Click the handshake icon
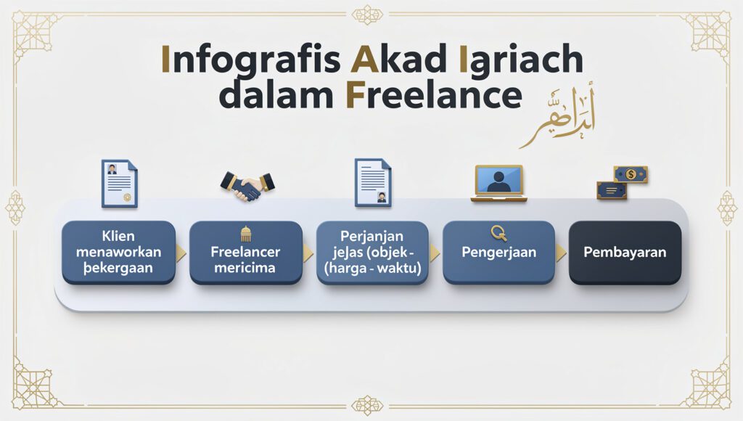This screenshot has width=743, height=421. pyautogui.click(x=246, y=187)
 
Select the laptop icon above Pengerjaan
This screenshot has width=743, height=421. pyautogui.click(x=498, y=182)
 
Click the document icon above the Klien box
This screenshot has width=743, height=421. pyautogui.click(x=119, y=184)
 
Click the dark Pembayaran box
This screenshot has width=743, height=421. pyautogui.click(x=625, y=253)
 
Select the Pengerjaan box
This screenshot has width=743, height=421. pyautogui.click(x=498, y=253)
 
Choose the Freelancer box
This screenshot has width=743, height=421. pyautogui.click(x=245, y=253)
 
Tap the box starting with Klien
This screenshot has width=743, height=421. pyautogui.click(x=118, y=253)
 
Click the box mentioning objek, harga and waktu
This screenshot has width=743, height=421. pyautogui.click(x=372, y=253)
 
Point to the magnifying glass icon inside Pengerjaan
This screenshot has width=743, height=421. pyautogui.click(x=498, y=233)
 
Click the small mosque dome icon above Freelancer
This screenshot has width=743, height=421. pyautogui.click(x=245, y=233)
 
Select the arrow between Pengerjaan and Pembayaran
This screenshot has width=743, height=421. pyautogui.click(x=561, y=253)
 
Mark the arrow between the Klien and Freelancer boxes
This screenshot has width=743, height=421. pyautogui.click(x=181, y=253)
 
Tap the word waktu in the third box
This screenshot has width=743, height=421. pyautogui.click(x=401, y=269)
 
